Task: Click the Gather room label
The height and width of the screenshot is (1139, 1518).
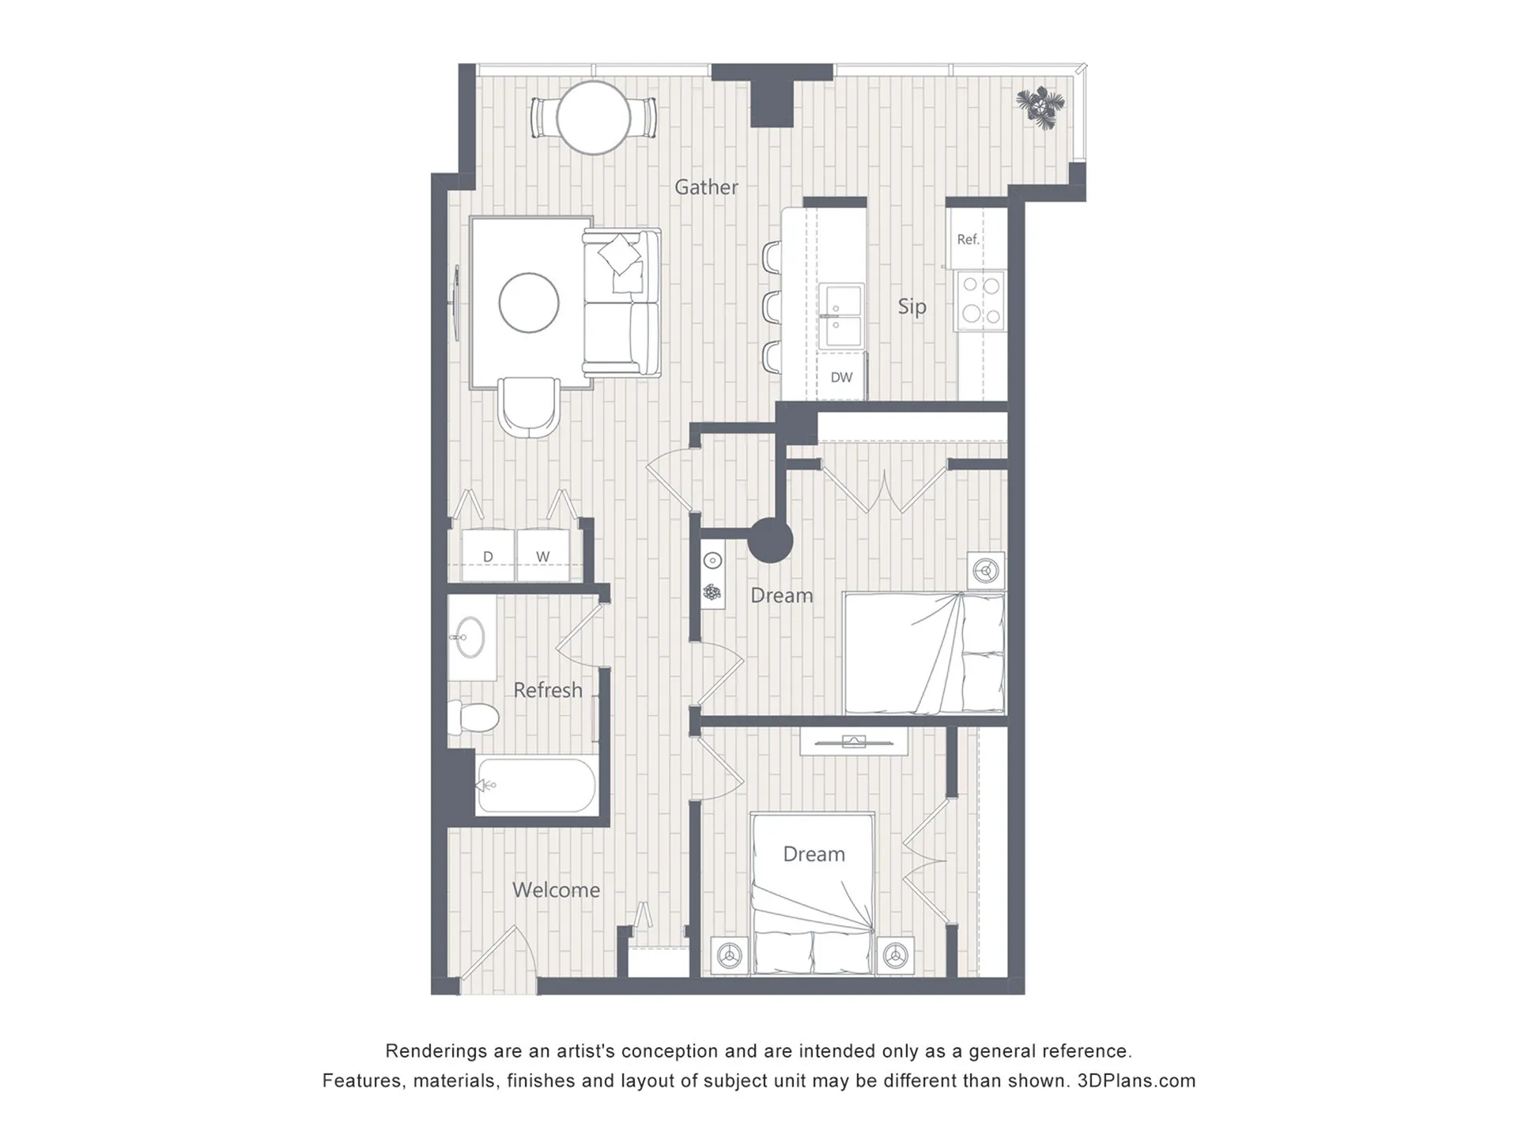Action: point(706,187)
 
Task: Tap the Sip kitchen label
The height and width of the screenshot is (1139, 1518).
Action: point(912,307)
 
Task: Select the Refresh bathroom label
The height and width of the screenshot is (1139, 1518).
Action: point(548,691)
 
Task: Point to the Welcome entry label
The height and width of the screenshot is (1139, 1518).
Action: point(556,890)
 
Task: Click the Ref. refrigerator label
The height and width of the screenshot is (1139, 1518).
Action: point(968,240)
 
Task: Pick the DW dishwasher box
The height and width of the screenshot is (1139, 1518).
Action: point(841,377)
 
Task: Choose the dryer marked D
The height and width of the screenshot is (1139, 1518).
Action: point(488,555)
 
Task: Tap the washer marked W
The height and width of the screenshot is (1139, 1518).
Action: point(542,555)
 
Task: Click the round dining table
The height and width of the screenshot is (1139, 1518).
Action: point(593,118)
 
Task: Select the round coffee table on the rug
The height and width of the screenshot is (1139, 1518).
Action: point(529,303)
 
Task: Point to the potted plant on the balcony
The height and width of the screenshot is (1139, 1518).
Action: point(1040,105)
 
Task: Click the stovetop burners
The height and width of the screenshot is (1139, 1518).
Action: point(981,301)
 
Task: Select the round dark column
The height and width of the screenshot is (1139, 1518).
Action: point(770,540)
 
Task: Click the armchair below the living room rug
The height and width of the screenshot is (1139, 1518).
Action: point(529,407)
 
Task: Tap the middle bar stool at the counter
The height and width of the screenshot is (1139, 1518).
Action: point(772,307)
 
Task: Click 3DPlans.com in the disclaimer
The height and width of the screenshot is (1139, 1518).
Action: point(1136,1081)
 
